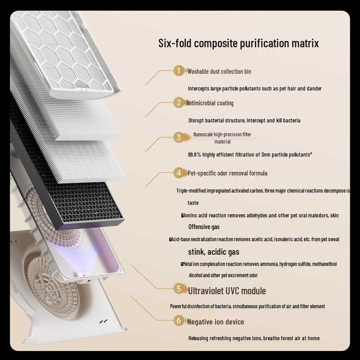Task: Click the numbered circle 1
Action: [x=179, y=71]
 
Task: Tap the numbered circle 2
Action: [x=179, y=103]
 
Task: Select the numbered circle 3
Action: [x=179, y=138]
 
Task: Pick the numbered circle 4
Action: [x=179, y=173]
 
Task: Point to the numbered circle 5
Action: [x=179, y=288]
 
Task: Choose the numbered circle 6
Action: [x=179, y=320]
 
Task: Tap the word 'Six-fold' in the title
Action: [x=175, y=44]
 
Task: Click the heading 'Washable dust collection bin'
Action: [x=219, y=72]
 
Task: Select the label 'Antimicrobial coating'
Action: [x=210, y=103]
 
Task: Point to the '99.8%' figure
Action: [x=195, y=155]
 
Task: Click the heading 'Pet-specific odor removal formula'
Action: [x=227, y=173]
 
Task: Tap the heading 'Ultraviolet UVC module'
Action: [x=227, y=291]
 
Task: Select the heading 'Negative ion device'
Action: [x=216, y=322]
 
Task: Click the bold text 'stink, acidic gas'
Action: [x=213, y=252]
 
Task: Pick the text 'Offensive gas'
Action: [x=204, y=227]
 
